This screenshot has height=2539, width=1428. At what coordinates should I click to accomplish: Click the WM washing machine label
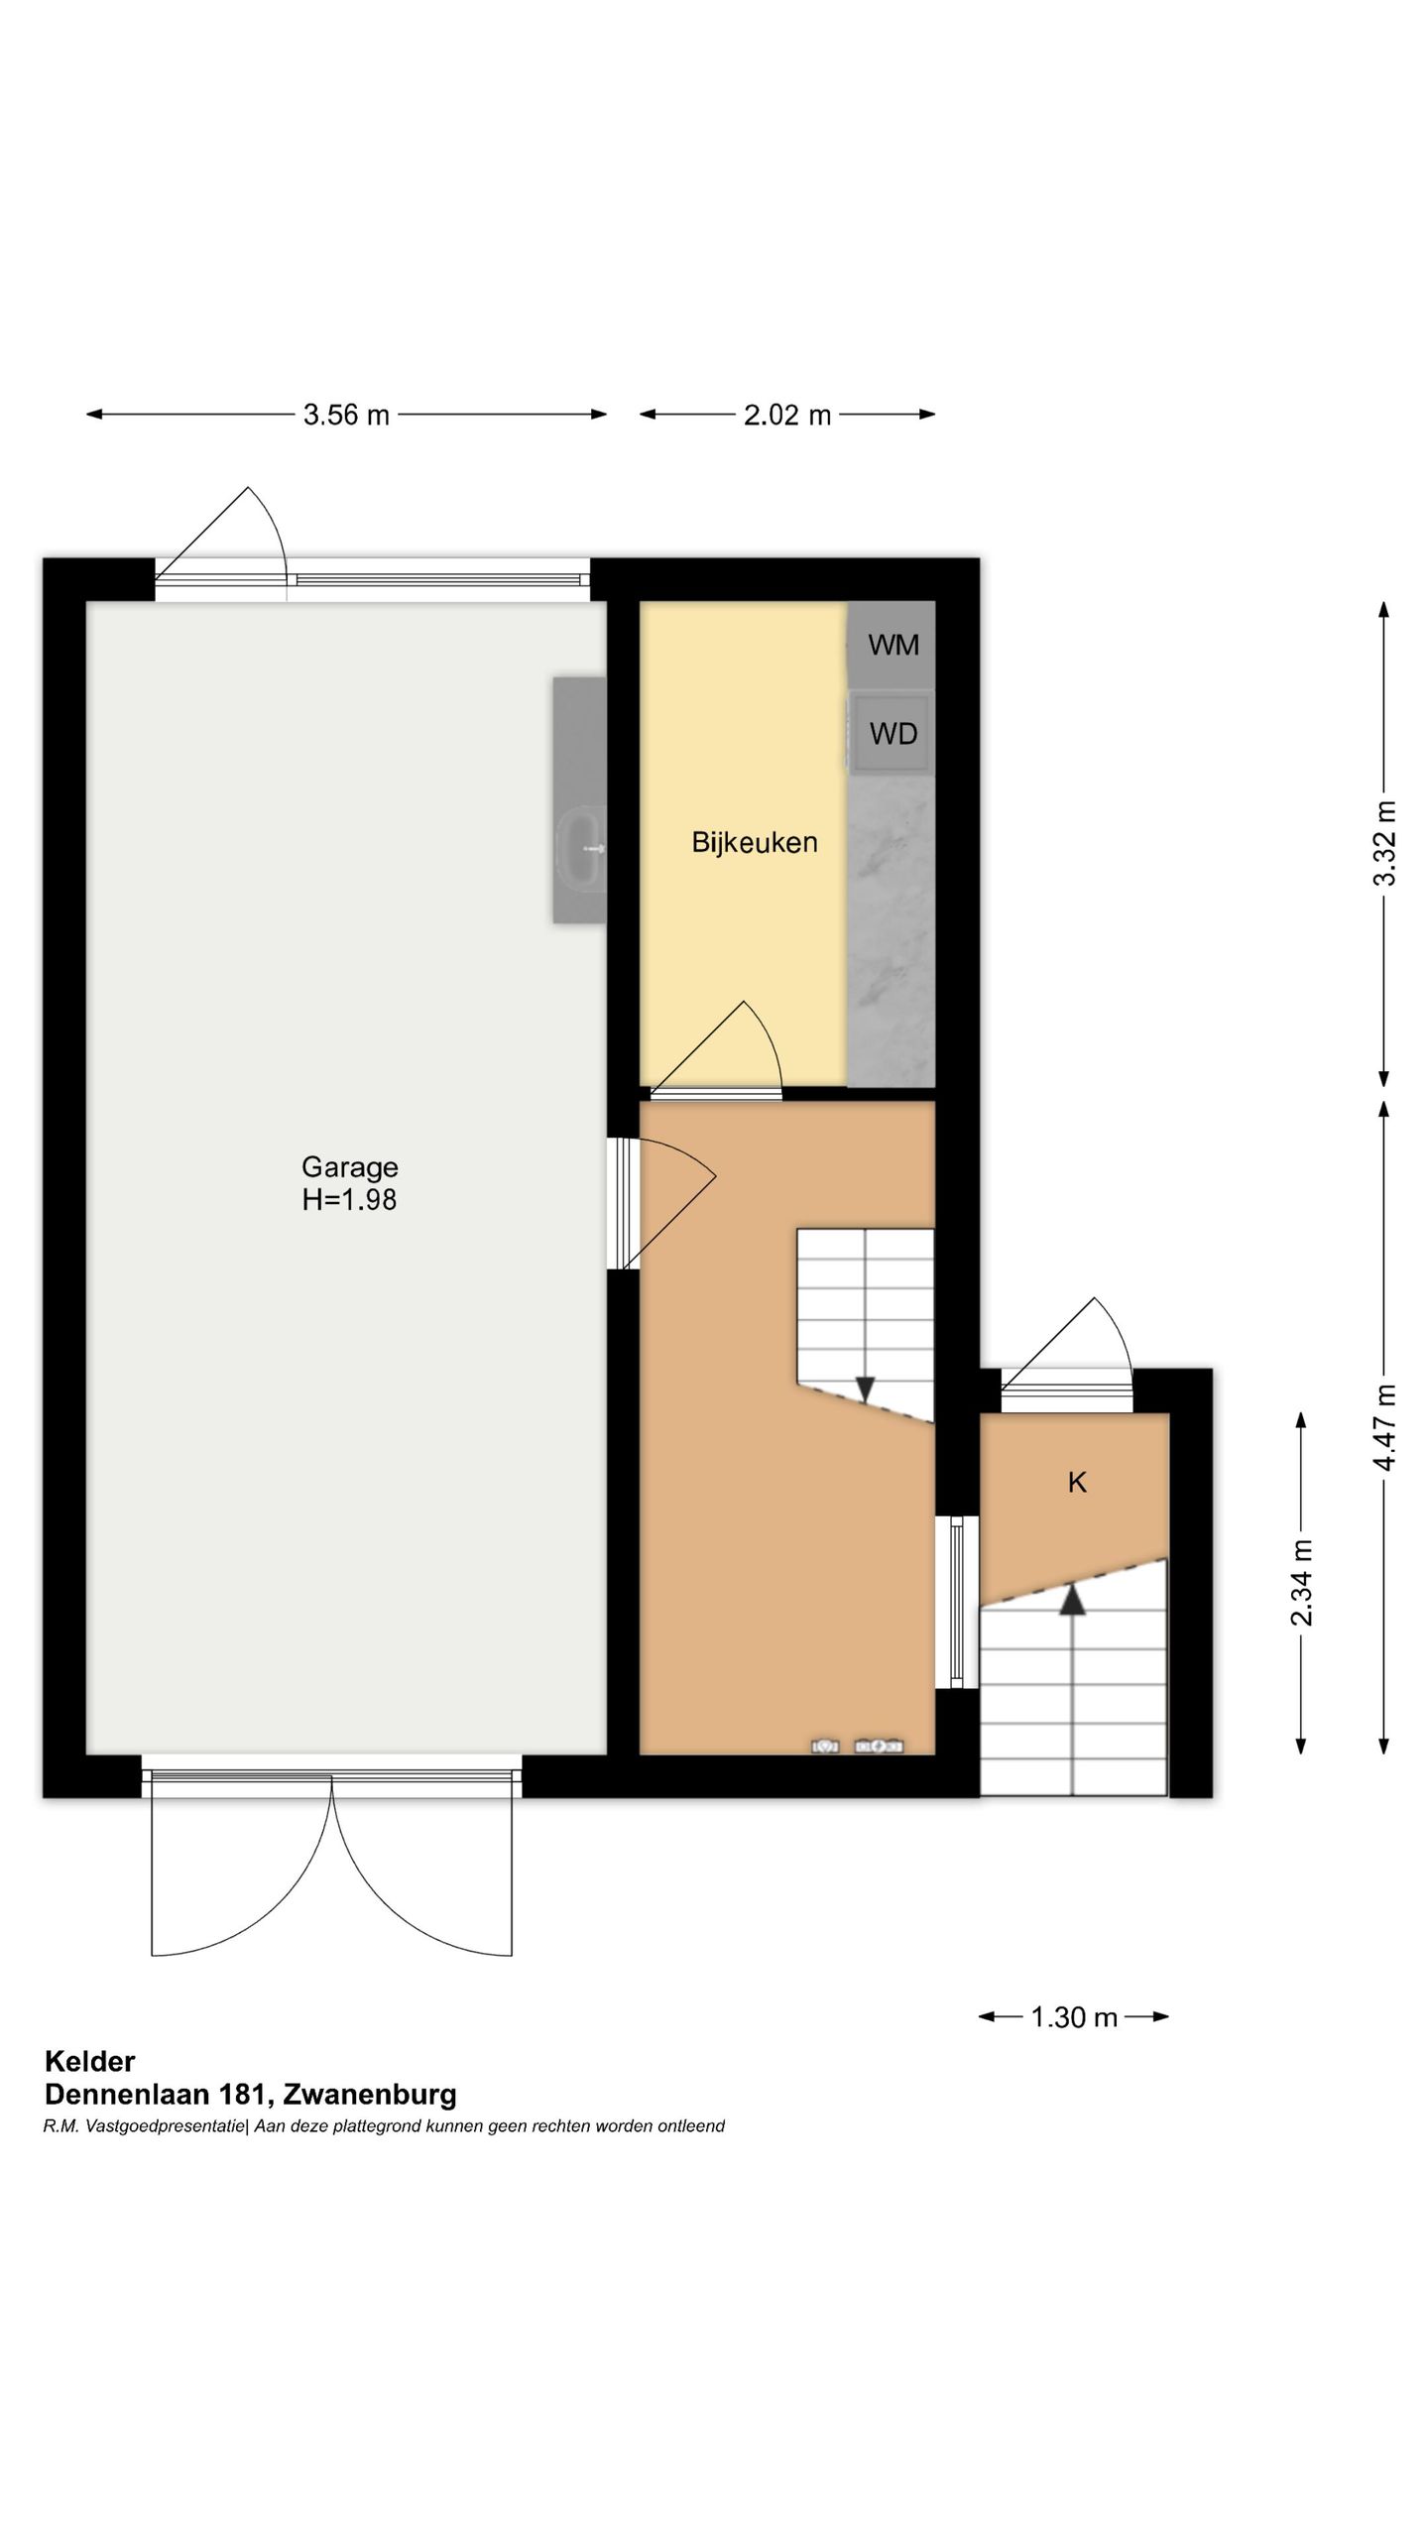(893, 645)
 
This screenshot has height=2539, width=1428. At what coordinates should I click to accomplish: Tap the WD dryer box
(892, 734)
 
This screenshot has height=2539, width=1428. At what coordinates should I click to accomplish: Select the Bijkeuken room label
(755, 843)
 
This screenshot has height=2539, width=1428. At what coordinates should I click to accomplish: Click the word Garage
(350, 1168)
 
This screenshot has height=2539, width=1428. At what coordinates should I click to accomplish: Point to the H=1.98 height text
(349, 1200)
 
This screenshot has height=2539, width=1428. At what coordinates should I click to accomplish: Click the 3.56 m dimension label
(346, 415)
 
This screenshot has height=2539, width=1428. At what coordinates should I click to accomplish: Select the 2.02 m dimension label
(787, 415)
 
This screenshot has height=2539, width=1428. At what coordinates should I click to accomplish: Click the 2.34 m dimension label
(1301, 1583)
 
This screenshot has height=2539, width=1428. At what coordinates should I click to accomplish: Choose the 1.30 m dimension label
(1074, 2017)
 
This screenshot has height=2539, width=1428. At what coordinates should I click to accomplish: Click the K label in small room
(1077, 1482)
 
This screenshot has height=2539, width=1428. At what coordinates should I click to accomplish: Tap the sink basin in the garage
(581, 849)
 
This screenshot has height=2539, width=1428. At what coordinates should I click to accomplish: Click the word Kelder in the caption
(89, 2062)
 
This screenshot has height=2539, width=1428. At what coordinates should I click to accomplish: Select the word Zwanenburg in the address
(370, 2095)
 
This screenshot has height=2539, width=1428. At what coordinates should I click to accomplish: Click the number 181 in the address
(244, 2095)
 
